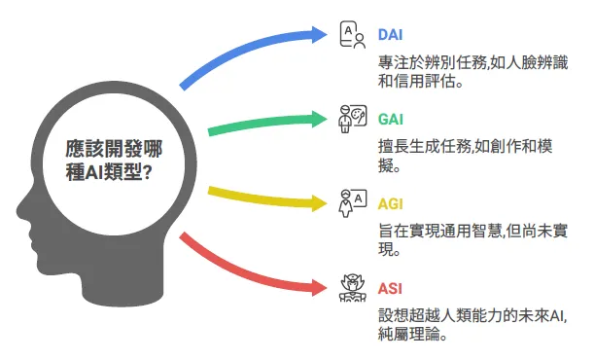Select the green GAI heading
click(391, 118)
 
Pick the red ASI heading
click(390, 289)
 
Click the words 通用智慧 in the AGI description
click(469, 233)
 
